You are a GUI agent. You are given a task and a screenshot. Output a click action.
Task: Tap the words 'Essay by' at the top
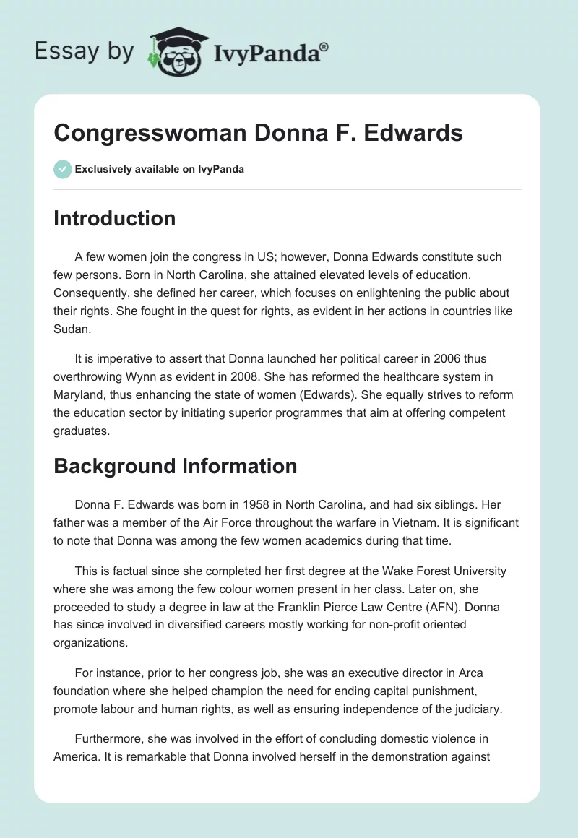click(84, 52)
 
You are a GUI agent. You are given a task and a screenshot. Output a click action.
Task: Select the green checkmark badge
click(62, 169)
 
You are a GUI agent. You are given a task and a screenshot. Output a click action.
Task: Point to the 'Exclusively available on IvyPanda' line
click(159, 169)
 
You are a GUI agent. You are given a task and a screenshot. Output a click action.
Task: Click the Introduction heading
click(114, 218)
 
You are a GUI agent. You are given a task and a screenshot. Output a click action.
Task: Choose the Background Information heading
click(175, 466)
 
